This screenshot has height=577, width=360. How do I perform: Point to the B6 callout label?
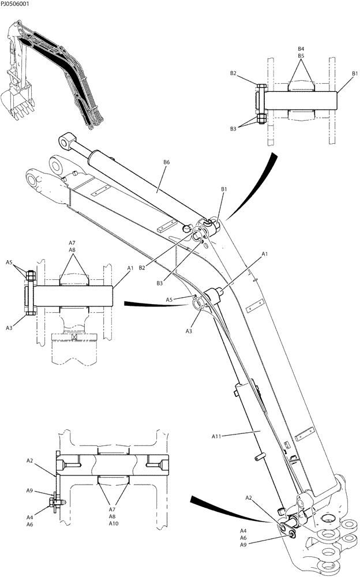click(167, 163)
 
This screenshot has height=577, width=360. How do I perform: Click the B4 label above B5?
click(301, 48)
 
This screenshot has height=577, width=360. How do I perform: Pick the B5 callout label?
click(301, 56)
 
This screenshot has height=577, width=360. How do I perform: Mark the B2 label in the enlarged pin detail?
click(233, 73)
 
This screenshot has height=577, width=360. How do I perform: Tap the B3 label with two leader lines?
click(233, 129)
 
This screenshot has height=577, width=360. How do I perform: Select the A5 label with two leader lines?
click(9, 263)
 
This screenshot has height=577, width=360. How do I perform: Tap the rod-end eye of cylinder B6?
click(67, 140)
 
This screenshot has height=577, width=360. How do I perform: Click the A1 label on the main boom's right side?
click(265, 253)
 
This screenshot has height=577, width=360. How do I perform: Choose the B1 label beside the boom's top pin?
click(224, 189)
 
